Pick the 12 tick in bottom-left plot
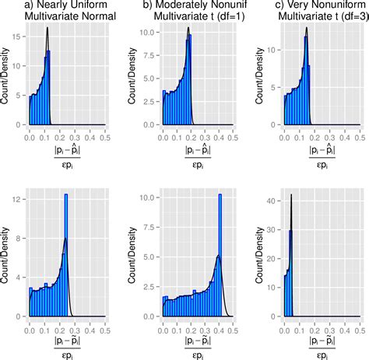coord(19,199)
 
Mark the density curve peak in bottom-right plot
coord(291,194)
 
